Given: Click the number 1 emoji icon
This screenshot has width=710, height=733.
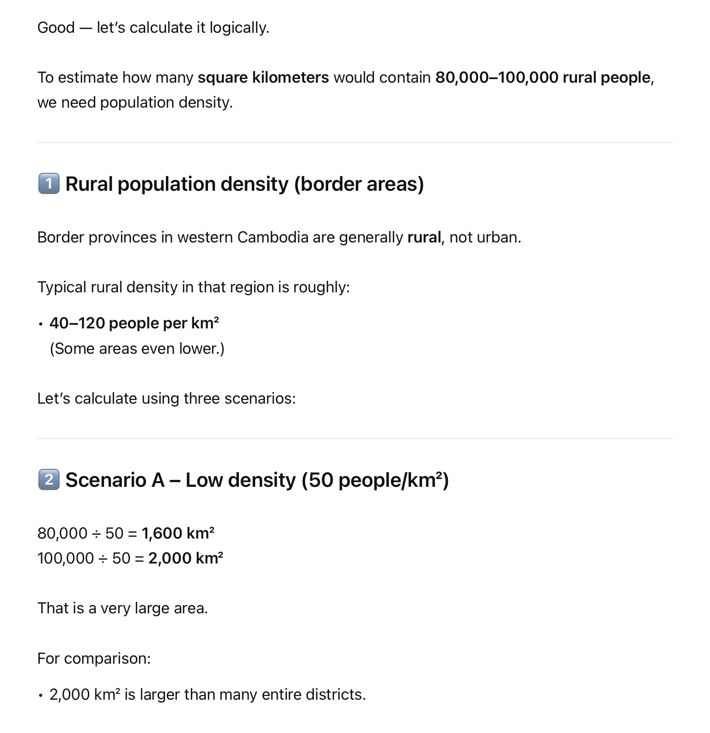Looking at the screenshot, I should (x=49, y=184).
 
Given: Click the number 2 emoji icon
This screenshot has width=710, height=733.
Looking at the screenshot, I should (x=49, y=479).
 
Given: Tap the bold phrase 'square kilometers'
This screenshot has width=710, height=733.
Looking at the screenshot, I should (x=263, y=78).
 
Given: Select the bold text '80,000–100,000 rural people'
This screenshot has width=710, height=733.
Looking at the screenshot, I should (x=543, y=78).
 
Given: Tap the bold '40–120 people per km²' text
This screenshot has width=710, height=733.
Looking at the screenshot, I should (x=134, y=323).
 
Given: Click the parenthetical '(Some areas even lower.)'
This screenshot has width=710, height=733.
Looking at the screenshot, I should (x=137, y=349).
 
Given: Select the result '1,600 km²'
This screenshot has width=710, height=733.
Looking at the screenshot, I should (x=178, y=533).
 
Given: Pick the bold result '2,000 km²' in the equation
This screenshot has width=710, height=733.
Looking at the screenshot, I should (x=186, y=558).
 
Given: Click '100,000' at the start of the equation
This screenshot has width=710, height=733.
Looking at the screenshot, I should (x=66, y=558).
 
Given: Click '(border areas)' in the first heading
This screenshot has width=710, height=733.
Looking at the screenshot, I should (x=359, y=184).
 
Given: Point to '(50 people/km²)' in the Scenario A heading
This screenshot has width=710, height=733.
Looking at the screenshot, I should (x=375, y=480).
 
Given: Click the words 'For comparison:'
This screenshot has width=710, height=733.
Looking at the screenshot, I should (x=94, y=658).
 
